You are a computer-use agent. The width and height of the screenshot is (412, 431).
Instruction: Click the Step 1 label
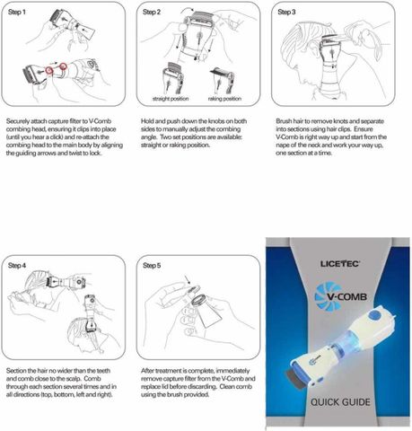pyautogui.click(x=17, y=12)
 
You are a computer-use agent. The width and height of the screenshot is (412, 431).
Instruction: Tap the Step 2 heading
pyautogui.click(x=152, y=12)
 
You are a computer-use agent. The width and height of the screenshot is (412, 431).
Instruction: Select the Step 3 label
pyautogui.click(x=286, y=12)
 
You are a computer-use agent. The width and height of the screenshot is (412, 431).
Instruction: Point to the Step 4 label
pyautogui.click(x=17, y=266)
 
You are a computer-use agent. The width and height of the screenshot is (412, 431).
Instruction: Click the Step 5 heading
pyautogui.click(x=152, y=266)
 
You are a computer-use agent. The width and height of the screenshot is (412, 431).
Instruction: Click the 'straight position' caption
pyautogui.click(x=171, y=99)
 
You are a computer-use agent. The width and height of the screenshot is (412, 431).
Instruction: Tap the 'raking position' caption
pyautogui.click(x=224, y=99)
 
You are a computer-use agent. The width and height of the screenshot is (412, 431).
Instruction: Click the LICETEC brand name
pyautogui.click(x=340, y=264)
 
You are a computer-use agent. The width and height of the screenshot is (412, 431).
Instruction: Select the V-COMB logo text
pyautogui.click(x=346, y=296)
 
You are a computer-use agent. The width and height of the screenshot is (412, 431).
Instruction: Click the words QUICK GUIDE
pyautogui.click(x=340, y=402)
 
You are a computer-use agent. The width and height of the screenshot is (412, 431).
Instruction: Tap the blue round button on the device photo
pyautogui.click(x=374, y=315)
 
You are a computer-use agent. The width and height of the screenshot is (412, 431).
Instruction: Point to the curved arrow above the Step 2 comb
pyautogui.click(x=188, y=11)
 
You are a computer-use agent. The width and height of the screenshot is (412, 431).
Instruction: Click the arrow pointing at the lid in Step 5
pyautogui.click(x=188, y=280)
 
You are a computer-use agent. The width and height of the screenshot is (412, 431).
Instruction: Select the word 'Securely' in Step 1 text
pyautogui.click(x=18, y=121)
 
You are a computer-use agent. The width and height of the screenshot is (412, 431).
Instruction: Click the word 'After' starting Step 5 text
pyautogui.click(x=148, y=371)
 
